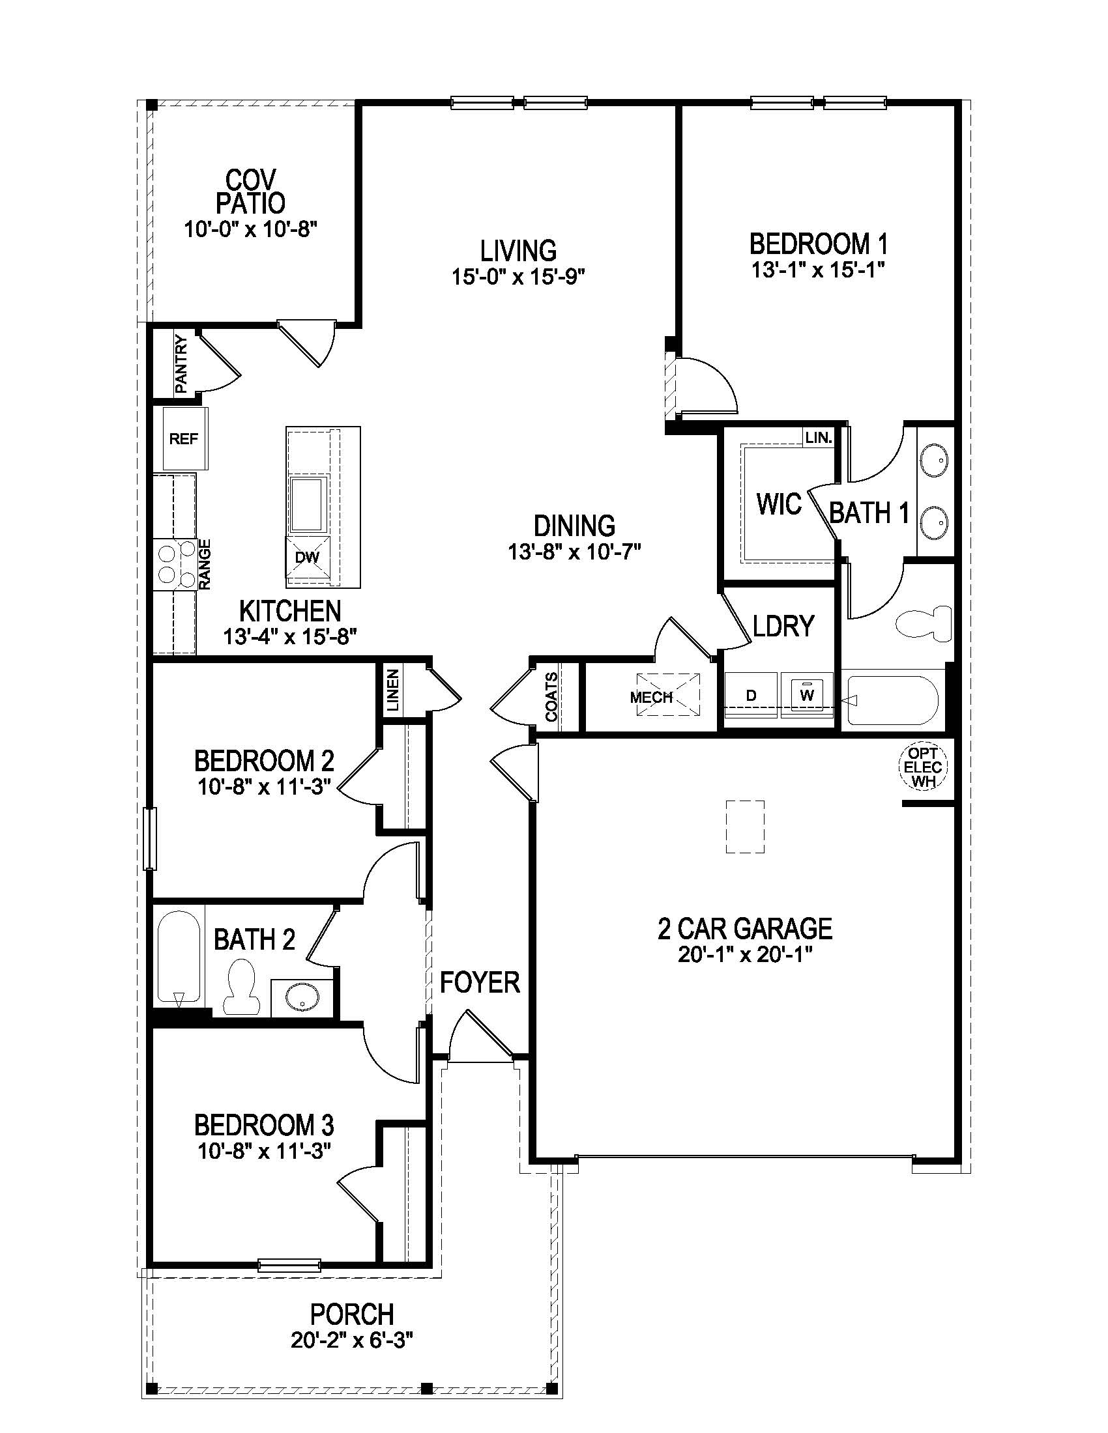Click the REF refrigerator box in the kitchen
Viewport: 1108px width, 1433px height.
(184, 438)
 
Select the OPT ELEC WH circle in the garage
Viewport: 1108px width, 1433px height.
(923, 767)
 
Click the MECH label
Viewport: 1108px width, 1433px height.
(651, 697)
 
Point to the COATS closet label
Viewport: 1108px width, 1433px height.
(551, 696)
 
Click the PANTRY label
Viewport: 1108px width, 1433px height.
(181, 364)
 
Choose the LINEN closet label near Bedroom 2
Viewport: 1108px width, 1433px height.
(392, 690)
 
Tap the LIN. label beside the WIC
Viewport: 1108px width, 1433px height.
(819, 438)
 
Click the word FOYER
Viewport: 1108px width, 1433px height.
(480, 982)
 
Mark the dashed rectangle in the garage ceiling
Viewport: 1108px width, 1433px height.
(745, 826)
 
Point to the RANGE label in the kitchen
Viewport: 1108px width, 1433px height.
(205, 564)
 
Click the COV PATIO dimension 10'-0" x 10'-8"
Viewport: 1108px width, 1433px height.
(251, 230)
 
